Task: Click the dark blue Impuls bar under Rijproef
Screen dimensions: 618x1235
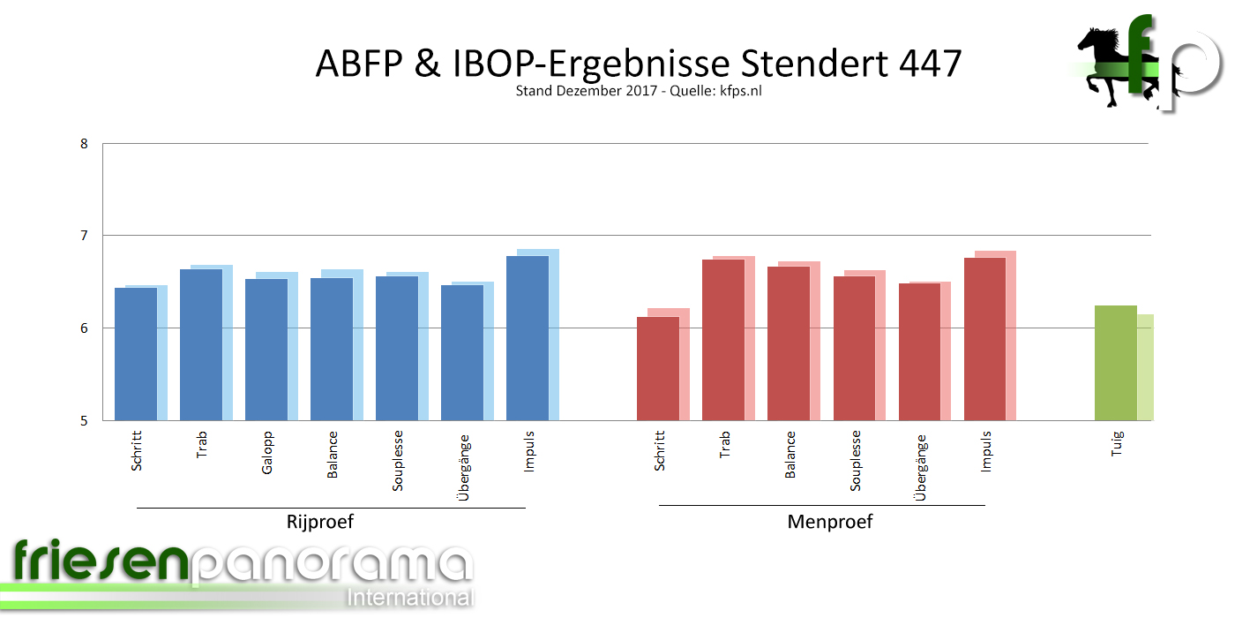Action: coord(527,338)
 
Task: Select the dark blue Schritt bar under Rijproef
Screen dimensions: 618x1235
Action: coord(136,354)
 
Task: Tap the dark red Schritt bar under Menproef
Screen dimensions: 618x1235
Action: coord(658,368)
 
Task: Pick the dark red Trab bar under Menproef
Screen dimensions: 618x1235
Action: coord(723,340)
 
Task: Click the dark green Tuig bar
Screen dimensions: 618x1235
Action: coord(1115,363)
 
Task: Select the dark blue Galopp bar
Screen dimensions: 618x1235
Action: coord(266,350)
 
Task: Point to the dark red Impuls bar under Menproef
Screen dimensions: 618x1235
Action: coord(984,339)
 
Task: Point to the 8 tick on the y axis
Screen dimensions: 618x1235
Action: coord(84,143)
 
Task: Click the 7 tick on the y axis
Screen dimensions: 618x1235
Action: coord(84,236)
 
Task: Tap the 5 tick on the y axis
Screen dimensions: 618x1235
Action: coord(84,420)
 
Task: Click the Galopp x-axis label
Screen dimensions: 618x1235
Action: coord(267,452)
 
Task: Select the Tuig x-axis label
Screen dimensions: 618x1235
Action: coord(1118,447)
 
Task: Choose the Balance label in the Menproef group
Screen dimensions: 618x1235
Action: coord(790,455)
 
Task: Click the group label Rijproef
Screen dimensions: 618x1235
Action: coord(320,522)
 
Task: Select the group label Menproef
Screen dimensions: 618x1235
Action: coord(829,522)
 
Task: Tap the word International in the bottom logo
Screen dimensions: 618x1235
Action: coord(410,597)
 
